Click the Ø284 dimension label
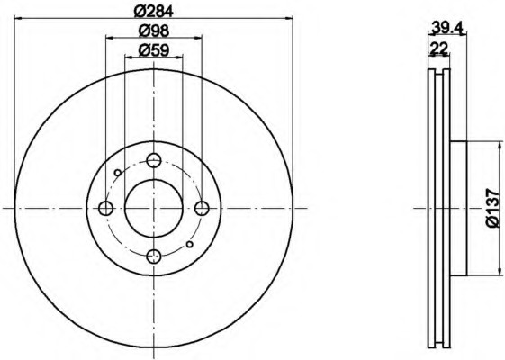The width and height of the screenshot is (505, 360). pos(154,12)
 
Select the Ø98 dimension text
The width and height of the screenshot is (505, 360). pos(154,31)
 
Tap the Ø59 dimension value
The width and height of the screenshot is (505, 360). pos(154,50)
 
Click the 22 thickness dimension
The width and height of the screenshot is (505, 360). pos(439,49)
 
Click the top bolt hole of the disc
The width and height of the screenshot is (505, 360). pos(154,160)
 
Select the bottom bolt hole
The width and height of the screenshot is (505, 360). pos(154,256)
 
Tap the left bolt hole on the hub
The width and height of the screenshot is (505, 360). pos(105,208)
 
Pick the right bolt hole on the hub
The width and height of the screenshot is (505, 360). pos(202,208)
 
